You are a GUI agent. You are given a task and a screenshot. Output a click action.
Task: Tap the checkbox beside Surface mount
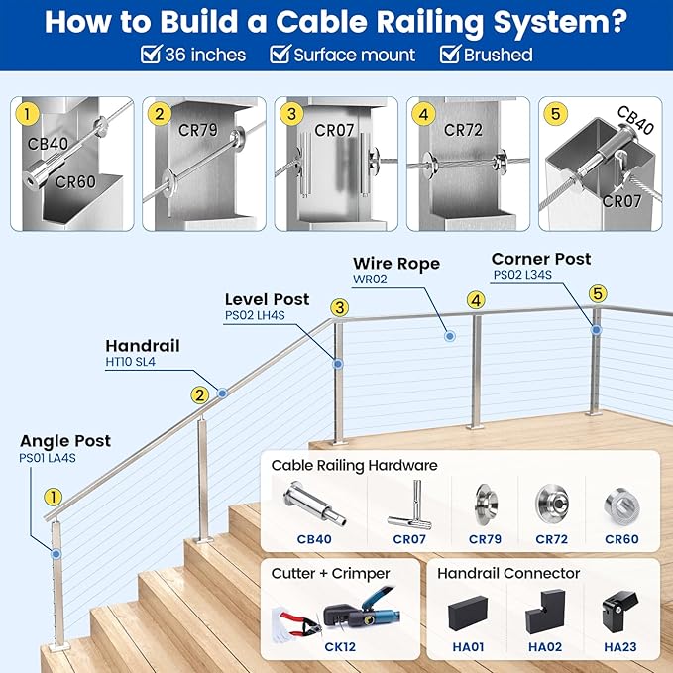point(280,55)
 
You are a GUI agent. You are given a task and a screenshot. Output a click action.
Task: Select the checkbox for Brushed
point(449,55)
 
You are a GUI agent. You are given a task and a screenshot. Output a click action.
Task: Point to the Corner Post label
point(541,259)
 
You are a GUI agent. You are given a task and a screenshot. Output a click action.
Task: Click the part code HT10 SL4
point(131,363)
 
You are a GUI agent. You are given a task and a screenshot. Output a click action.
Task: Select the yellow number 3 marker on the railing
point(340,308)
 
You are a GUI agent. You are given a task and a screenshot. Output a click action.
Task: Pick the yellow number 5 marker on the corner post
point(597,293)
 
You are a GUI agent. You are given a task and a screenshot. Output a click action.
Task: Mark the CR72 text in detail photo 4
point(462,129)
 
